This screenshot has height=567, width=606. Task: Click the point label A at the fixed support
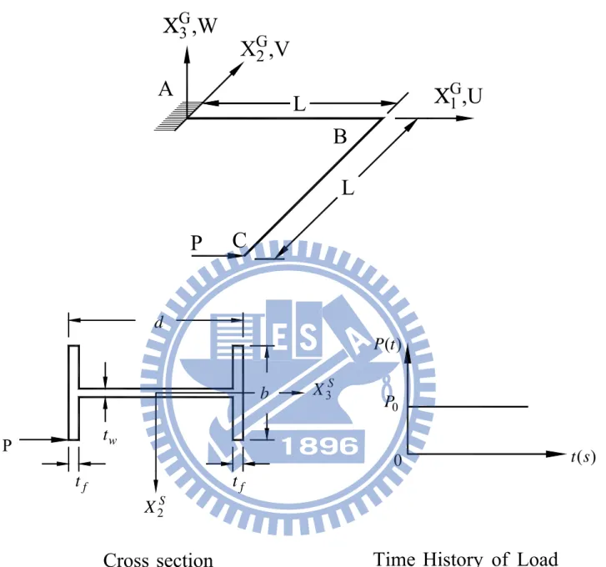165,90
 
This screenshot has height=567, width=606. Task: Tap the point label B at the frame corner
340,137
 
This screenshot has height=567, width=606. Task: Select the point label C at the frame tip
239,240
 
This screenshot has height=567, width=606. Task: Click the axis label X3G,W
190,27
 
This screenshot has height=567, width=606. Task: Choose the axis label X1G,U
458,96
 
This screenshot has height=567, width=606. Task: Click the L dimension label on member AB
299,104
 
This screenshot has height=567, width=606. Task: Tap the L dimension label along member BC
348,188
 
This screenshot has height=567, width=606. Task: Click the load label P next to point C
197,243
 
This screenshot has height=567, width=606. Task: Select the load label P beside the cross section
8,445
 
